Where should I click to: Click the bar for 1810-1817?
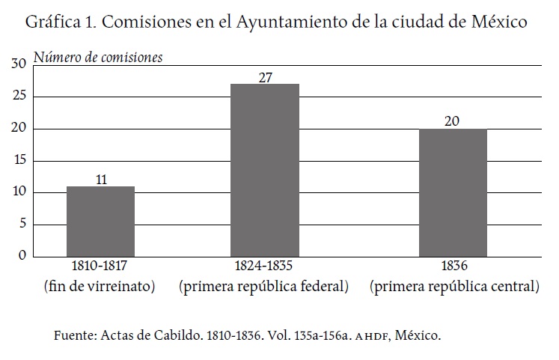(100, 222)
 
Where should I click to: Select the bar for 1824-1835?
(264, 170)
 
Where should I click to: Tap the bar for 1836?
(453, 192)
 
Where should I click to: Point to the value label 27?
(264, 76)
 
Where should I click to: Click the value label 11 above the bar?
(100, 179)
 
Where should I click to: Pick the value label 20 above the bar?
(453, 121)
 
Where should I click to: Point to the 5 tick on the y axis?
(22, 224)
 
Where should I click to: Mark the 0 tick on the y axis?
(22, 256)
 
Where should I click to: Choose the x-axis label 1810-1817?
(100, 268)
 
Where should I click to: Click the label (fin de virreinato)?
(100, 286)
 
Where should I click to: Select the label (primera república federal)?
(263, 286)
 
